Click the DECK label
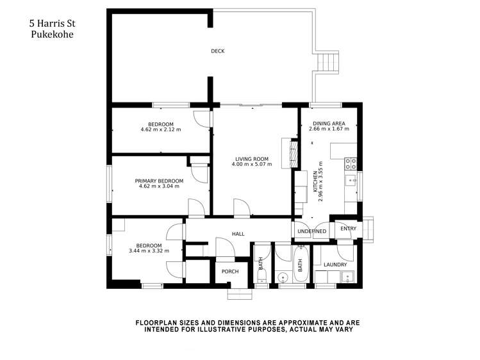tap(218, 51)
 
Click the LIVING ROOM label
tap(251, 159)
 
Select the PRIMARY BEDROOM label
tap(159, 181)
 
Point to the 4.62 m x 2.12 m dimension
tap(160, 130)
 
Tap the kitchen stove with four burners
tap(351, 163)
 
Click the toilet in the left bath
tap(261, 276)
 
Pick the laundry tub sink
tap(347, 277)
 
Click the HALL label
tap(238, 234)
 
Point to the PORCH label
tap(229, 272)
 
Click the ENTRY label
tap(348, 229)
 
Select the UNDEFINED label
tap(312, 231)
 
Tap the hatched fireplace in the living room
tap(294, 153)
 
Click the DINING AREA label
tap(329, 123)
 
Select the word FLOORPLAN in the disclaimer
tap(156, 323)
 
